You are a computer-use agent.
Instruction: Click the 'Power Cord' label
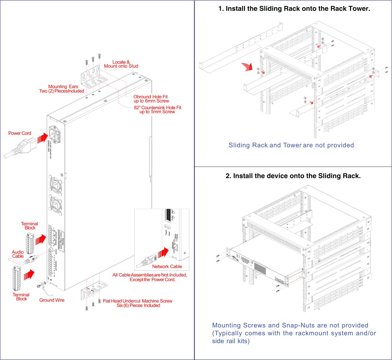click(x=20, y=133)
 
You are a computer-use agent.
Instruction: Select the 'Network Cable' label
click(x=167, y=266)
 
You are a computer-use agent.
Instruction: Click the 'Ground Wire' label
click(x=52, y=300)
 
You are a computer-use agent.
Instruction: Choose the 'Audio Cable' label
click(x=18, y=254)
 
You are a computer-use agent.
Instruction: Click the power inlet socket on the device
click(x=55, y=134)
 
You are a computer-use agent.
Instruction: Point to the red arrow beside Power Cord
click(x=43, y=138)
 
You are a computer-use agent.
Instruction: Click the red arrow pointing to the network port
click(x=163, y=253)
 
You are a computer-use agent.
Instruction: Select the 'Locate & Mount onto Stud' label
click(x=121, y=64)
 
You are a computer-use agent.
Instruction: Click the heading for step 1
click(x=294, y=9)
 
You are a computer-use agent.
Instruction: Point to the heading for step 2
click(x=293, y=176)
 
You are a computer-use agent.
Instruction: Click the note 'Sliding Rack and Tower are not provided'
click(x=291, y=145)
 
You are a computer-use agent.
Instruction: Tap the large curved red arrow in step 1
click(x=247, y=66)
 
